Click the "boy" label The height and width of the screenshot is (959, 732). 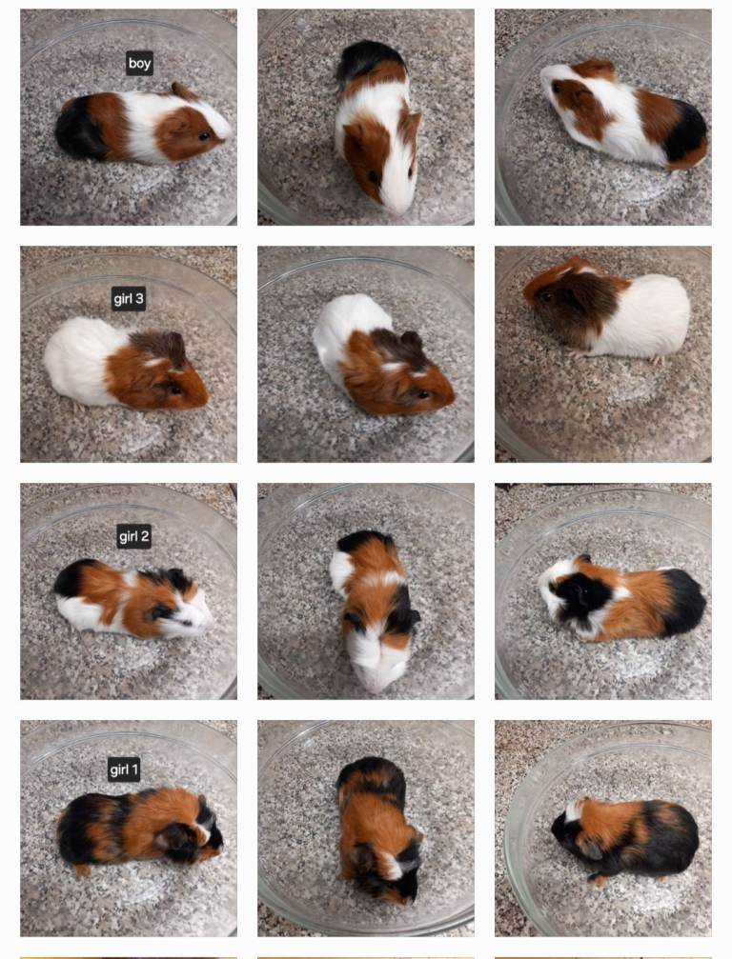click(x=139, y=64)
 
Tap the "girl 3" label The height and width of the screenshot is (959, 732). click(x=129, y=300)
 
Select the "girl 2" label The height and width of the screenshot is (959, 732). click(x=133, y=536)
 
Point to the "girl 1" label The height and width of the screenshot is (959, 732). click(x=124, y=769)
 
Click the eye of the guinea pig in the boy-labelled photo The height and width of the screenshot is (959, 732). click(x=203, y=136)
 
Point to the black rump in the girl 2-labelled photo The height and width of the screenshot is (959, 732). click(x=71, y=577)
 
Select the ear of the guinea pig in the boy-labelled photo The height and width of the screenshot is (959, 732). click(x=181, y=91)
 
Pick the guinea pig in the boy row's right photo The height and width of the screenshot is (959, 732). click(x=625, y=114)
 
